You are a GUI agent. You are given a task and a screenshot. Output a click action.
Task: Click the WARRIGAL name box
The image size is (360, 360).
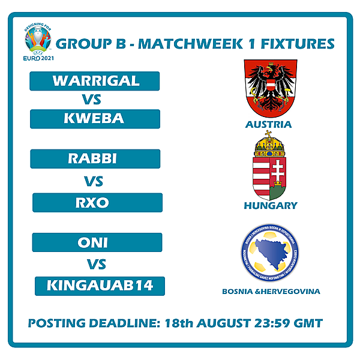click(x=95, y=81)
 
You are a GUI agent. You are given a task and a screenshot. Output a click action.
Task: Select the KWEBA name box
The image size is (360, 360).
click(x=95, y=119)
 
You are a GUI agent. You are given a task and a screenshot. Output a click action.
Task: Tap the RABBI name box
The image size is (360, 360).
click(x=95, y=159)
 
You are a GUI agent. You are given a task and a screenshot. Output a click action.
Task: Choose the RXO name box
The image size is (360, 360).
click(x=97, y=203)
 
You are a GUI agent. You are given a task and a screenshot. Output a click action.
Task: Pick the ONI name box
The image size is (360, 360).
click(x=97, y=242)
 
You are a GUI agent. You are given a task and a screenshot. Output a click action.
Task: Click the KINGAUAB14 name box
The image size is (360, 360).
click(x=100, y=286)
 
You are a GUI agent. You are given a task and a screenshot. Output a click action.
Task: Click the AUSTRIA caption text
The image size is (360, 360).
click(x=268, y=125)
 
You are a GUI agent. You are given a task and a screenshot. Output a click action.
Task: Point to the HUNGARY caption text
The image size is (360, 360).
click(x=270, y=206)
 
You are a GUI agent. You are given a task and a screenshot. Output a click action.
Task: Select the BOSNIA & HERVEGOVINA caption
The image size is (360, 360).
click(x=271, y=292)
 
